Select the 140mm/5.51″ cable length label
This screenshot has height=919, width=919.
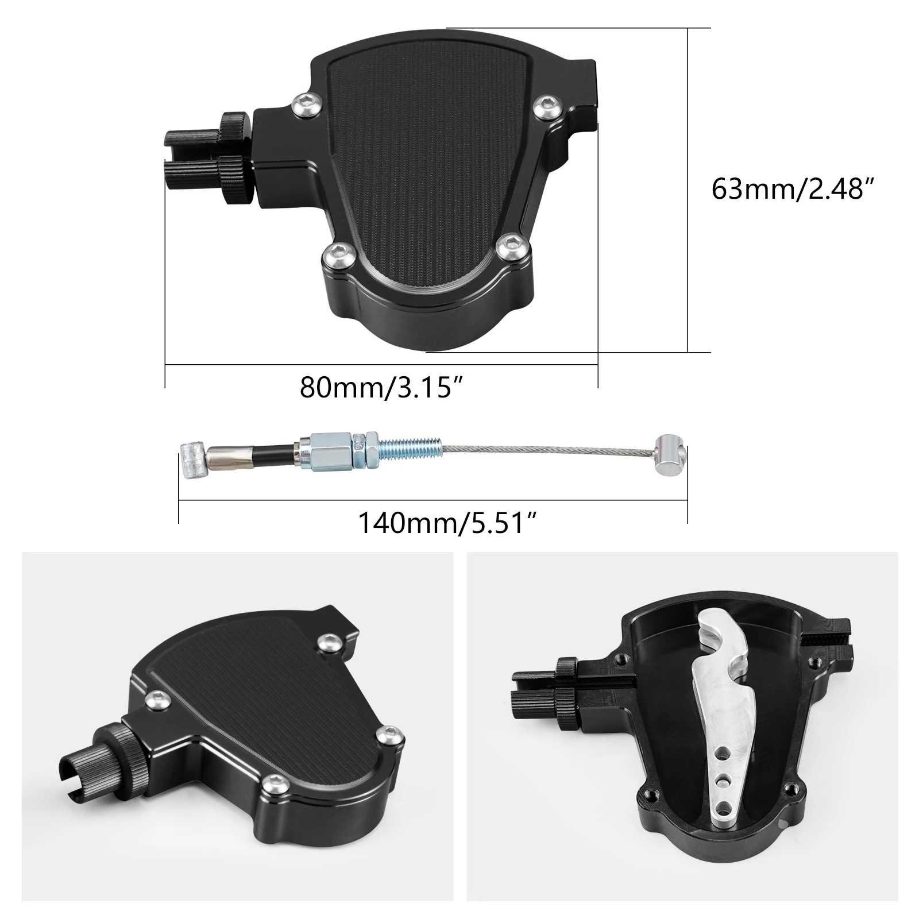click(447, 523)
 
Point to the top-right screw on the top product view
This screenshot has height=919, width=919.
click(542, 107)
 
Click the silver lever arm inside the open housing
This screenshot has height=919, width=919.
click(718, 689)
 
